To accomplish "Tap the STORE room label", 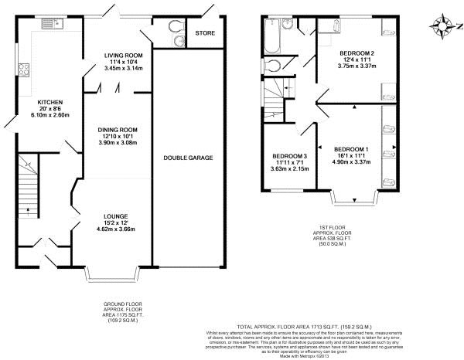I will (x=205, y=33).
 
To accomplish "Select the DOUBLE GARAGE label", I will (x=188, y=158).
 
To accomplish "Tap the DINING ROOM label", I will (x=117, y=130).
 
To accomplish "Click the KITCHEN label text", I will (x=50, y=102).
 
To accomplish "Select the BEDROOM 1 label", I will (x=352, y=148).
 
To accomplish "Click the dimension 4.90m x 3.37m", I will (x=352, y=162).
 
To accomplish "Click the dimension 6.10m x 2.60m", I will (x=50, y=115).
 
